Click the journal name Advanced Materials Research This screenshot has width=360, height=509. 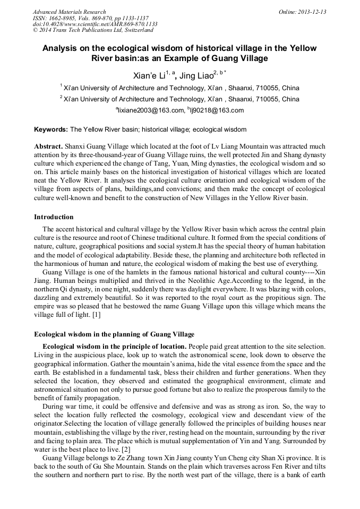tap(69, 12)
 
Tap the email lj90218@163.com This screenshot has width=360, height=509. tap(215, 110)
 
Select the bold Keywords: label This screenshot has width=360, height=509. tap(51, 130)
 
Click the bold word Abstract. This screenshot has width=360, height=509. tap(48, 146)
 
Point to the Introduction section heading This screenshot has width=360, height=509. tap(54, 217)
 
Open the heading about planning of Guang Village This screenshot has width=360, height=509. tap(114, 334)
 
